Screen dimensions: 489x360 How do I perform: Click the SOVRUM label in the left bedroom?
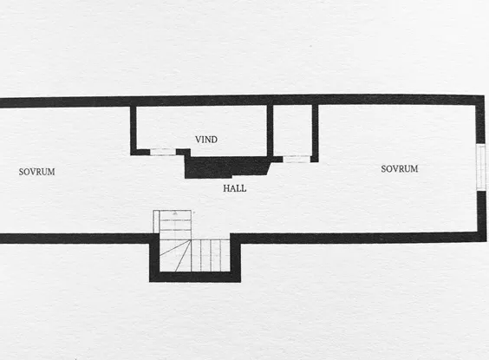[36, 172]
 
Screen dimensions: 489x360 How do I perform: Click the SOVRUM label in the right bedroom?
[400, 169]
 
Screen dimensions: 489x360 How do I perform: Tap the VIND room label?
[206, 140]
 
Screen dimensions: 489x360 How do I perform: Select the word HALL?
[234, 188]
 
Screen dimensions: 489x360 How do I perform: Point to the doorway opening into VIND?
[163, 152]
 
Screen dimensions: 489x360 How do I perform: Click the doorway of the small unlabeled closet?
[297, 159]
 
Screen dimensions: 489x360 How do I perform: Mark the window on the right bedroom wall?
[481, 167]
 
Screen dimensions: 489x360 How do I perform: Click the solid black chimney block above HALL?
[225, 167]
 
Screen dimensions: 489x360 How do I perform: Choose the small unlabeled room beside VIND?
[292, 130]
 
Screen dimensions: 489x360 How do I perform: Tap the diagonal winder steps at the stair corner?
[175, 256]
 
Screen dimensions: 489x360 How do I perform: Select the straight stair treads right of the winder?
[211, 256]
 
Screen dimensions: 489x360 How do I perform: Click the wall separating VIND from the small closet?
[270, 130]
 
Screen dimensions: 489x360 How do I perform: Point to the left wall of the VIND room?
[134, 130]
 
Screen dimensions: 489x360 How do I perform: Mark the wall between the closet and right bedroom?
[315, 133]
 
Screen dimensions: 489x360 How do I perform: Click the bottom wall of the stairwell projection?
[195, 277]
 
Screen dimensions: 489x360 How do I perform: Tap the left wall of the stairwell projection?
[154, 258]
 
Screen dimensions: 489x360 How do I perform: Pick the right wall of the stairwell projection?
[236, 258]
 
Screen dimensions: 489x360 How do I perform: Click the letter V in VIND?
[198, 140]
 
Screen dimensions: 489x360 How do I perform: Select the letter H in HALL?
[226, 188]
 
